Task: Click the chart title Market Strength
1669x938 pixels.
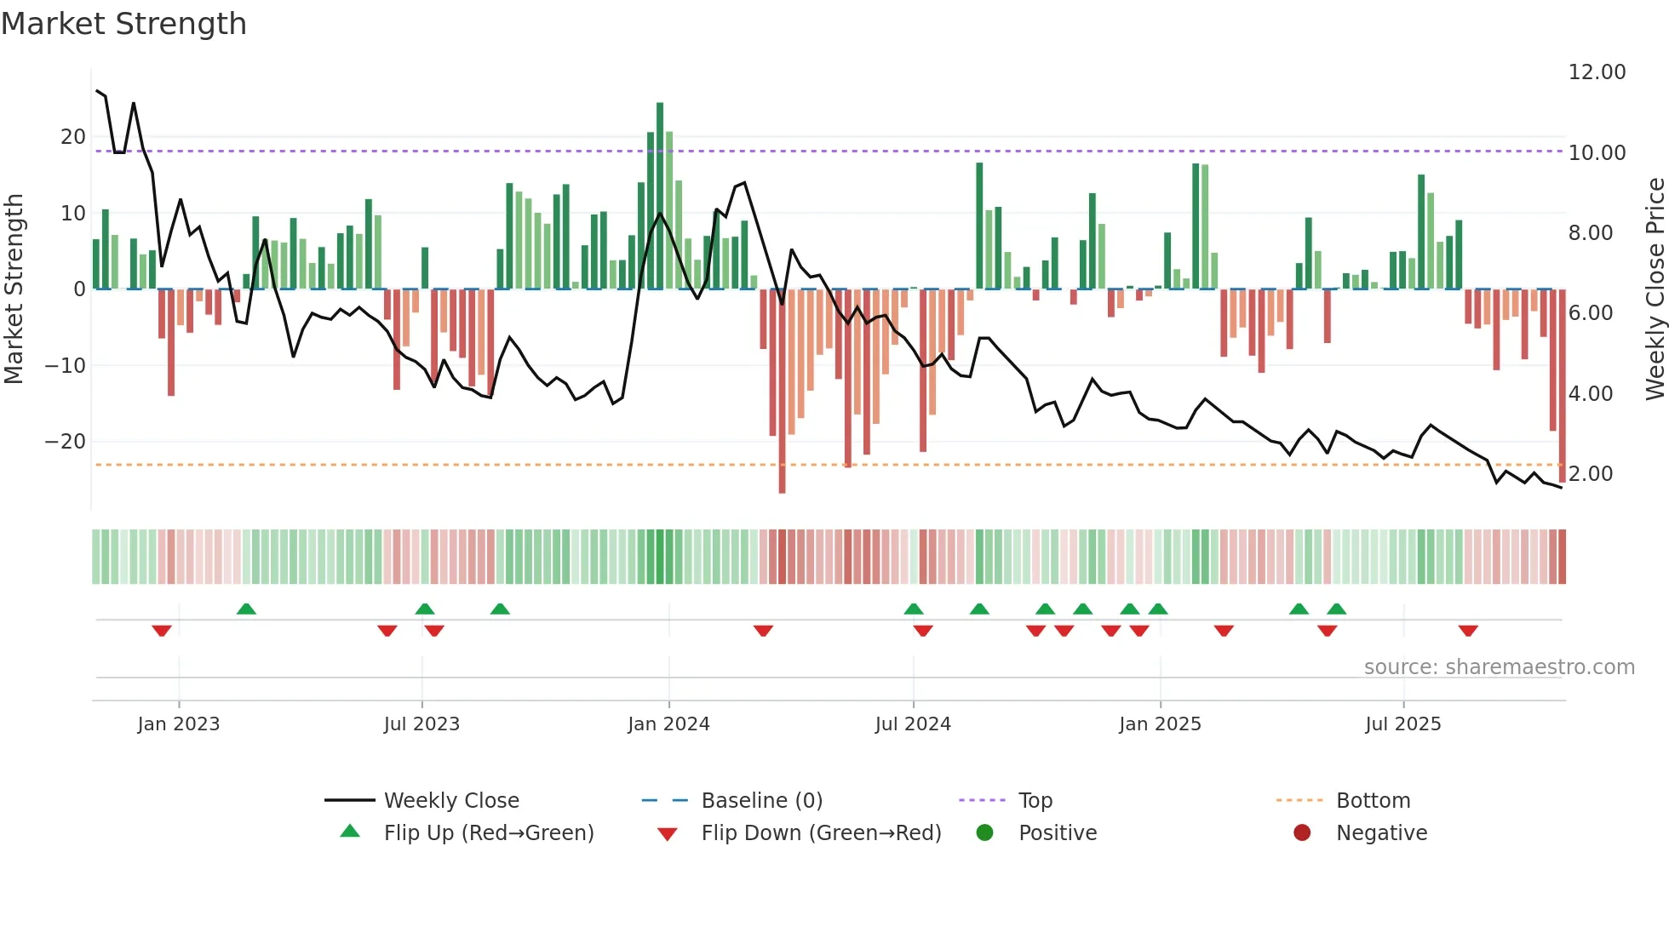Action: (x=123, y=24)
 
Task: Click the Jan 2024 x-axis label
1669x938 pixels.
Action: (x=668, y=724)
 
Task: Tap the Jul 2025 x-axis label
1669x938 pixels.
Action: (x=1402, y=724)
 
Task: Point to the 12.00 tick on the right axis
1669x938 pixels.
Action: (x=1597, y=72)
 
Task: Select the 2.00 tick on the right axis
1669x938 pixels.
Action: (x=1590, y=474)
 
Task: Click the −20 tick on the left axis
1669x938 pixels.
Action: (x=66, y=442)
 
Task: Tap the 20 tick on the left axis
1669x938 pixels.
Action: (x=73, y=137)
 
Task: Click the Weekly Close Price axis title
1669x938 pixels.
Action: (x=1655, y=289)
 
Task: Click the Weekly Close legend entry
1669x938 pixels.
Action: (x=450, y=801)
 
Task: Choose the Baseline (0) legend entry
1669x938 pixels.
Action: (x=761, y=801)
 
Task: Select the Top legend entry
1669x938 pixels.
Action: (x=1035, y=801)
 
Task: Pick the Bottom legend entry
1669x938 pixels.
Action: (x=1373, y=801)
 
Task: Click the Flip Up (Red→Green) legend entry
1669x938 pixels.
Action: (x=488, y=833)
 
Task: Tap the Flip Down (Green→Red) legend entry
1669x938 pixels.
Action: (x=821, y=833)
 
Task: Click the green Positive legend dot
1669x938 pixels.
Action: (x=984, y=833)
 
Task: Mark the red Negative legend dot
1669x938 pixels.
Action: (x=1302, y=833)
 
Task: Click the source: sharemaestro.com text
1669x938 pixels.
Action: (x=1499, y=667)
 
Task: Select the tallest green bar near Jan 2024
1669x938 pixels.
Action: (x=660, y=196)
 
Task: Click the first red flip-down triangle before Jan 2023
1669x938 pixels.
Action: (x=162, y=631)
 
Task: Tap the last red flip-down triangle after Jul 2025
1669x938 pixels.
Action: (x=1467, y=631)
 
